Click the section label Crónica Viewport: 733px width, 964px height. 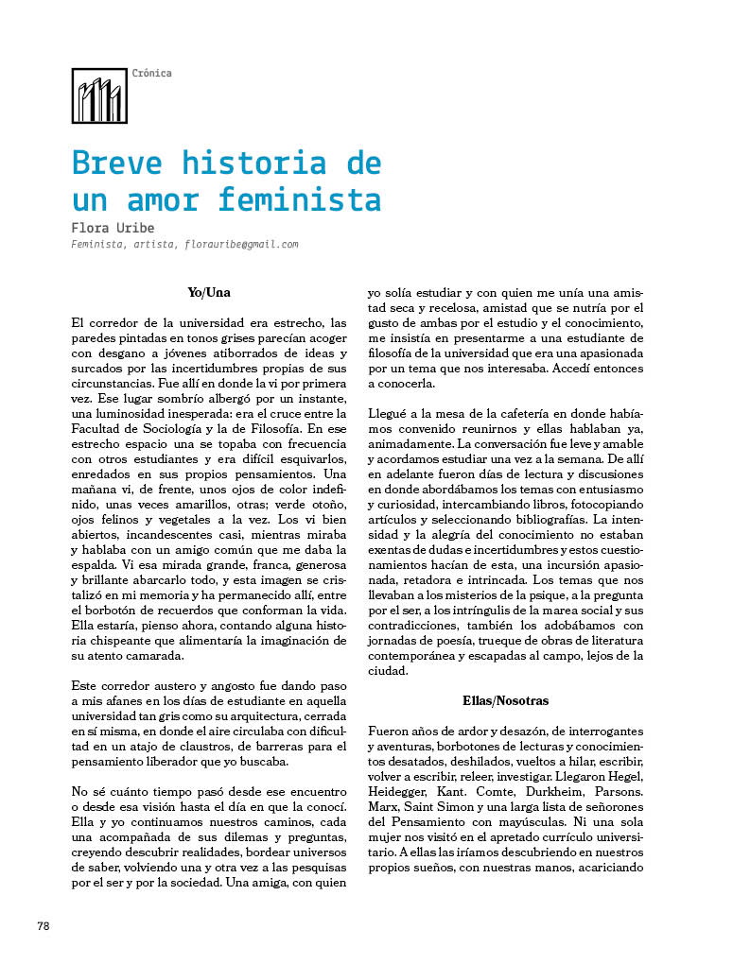152,74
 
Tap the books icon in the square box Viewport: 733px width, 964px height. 99,96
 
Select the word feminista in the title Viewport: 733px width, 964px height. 299,200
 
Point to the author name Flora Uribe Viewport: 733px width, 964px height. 113,228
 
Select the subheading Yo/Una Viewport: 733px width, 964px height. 209,293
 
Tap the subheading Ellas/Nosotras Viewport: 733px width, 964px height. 505,701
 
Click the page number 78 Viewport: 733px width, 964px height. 44,926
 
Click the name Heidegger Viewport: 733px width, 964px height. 401,790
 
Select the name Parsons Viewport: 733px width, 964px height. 616,790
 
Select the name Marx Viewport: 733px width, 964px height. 383,805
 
